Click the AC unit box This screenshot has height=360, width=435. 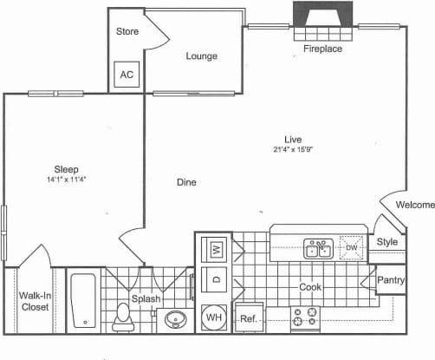tap(127, 75)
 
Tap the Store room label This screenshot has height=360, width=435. tap(127, 32)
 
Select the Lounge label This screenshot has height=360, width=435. tap(201, 56)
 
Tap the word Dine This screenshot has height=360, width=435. tap(185, 182)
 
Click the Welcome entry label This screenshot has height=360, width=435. tap(414, 205)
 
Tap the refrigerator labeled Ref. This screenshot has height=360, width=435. tap(248, 318)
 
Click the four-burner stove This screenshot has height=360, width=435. tap(306, 318)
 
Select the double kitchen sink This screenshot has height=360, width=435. tap(317, 250)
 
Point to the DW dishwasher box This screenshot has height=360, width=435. tap(351, 248)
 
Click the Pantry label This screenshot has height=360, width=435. tap(390, 280)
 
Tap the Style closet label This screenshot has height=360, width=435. tap(386, 242)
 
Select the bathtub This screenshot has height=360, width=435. tap(84, 301)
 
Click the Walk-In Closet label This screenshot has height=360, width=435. tap(34, 301)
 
